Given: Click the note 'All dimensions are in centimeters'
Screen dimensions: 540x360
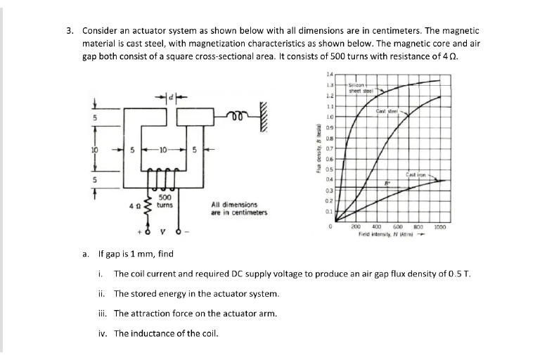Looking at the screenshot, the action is click(239, 209).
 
